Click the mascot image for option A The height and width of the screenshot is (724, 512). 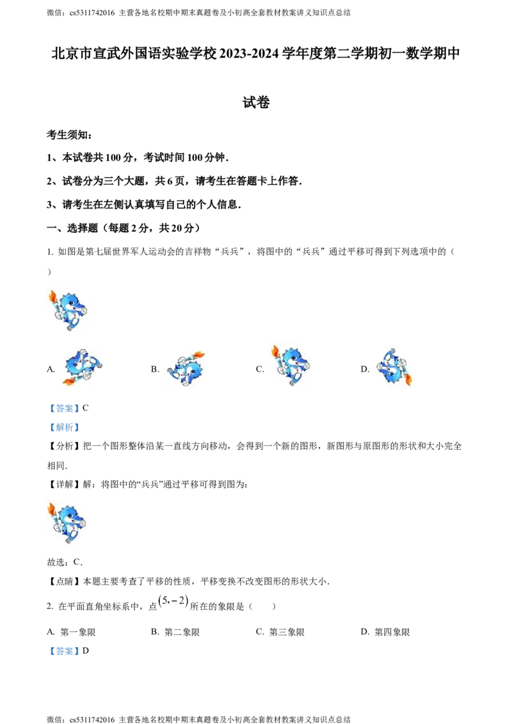click(x=83, y=367)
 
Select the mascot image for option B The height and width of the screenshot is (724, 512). click(x=186, y=368)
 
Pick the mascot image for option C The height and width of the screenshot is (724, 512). click(x=291, y=365)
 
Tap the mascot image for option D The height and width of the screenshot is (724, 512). click(x=394, y=366)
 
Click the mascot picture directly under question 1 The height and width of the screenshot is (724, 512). click(x=68, y=310)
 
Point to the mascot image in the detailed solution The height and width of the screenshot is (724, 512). click(x=67, y=523)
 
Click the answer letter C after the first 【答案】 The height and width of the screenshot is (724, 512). click(x=86, y=408)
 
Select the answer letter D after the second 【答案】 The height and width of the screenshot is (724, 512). click(x=86, y=651)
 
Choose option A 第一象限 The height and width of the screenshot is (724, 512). click(x=71, y=632)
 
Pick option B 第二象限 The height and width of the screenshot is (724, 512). click(x=175, y=632)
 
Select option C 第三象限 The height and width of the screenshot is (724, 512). click(x=280, y=632)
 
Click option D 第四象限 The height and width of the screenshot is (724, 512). click(x=385, y=632)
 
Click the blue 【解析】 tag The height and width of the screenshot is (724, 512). click(x=64, y=428)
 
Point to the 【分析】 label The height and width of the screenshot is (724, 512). click(x=64, y=446)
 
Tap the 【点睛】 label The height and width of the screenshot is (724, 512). click(x=64, y=582)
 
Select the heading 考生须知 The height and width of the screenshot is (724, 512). click(x=69, y=135)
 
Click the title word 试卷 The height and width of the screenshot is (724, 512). click(x=256, y=102)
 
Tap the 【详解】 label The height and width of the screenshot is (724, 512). click(x=64, y=485)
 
